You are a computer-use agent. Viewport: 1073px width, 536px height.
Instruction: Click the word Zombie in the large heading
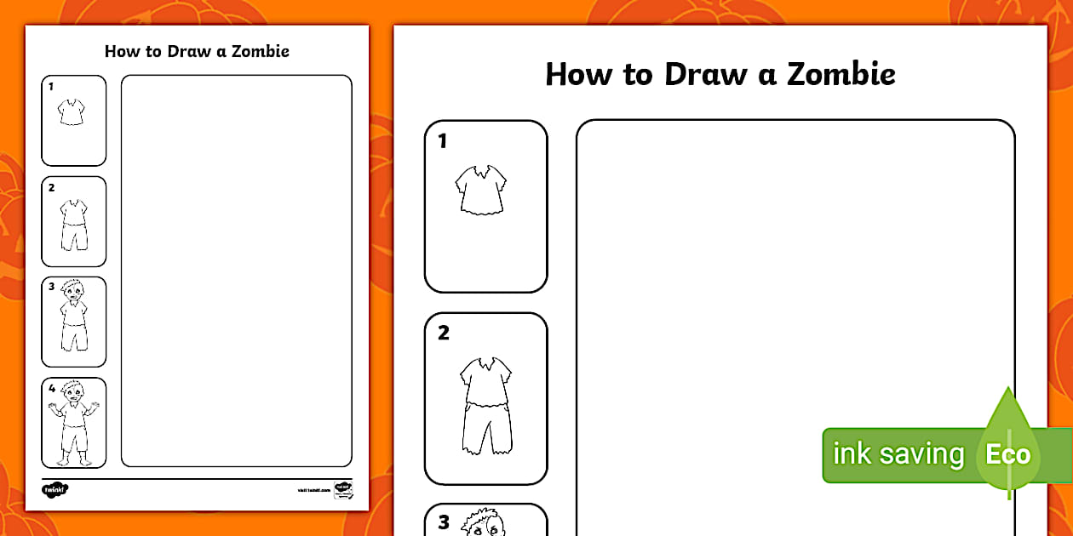(x=841, y=75)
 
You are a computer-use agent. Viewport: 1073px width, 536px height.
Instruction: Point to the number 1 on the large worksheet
(x=442, y=141)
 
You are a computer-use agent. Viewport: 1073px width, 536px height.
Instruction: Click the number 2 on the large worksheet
(x=443, y=333)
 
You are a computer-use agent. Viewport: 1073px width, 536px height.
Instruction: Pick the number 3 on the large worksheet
(x=443, y=522)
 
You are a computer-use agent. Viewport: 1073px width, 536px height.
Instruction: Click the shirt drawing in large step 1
(x=481, y=189)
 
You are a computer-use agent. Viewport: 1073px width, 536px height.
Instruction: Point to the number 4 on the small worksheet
(x=51, y=388)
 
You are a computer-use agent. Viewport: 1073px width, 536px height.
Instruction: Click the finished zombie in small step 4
(x=74, y=424)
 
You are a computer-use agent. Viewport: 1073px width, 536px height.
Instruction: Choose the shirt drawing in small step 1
(x=72, y=112)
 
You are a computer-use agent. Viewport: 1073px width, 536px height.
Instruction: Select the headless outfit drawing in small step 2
(x=74, y=225)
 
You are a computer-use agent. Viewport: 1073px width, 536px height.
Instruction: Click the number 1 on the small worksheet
(x=51, y=86)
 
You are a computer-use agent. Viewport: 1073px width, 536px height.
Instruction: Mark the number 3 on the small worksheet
(x=51, y=287)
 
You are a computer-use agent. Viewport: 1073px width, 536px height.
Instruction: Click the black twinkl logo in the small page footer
(x=55, y=489)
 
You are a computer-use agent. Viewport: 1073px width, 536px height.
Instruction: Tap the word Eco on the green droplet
(x=1008, y=454)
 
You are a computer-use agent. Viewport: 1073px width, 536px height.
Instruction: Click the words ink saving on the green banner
(x=898, y=454)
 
